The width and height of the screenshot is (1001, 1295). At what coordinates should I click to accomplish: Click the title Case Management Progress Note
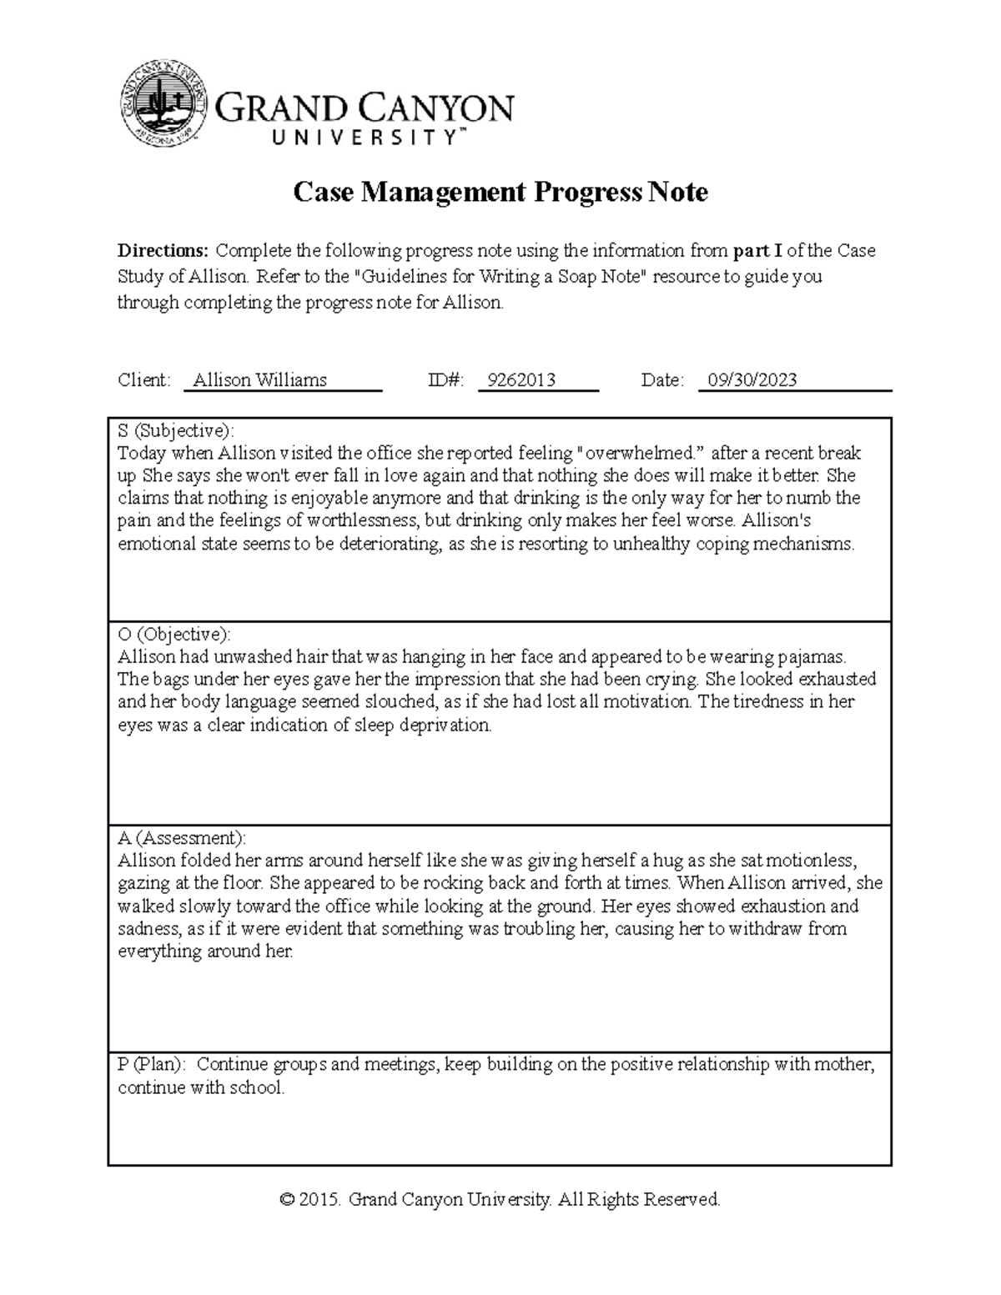(500, 193)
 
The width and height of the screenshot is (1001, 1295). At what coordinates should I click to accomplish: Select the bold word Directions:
(163, 251)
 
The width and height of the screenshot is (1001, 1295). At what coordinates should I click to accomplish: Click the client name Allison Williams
(259, 381)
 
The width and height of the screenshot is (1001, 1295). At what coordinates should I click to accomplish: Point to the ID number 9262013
(521, 381)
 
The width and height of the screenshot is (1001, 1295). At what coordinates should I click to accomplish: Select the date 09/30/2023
(752, 381)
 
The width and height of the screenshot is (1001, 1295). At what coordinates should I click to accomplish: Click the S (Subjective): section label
(176, 431)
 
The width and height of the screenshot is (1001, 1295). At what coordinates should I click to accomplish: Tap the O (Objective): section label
(174, 635)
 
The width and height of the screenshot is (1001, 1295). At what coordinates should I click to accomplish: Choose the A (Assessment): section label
(182, 838)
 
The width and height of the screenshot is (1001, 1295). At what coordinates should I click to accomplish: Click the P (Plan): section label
(153, 1065)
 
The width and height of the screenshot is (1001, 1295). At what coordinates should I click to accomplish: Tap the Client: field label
(143, 381)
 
